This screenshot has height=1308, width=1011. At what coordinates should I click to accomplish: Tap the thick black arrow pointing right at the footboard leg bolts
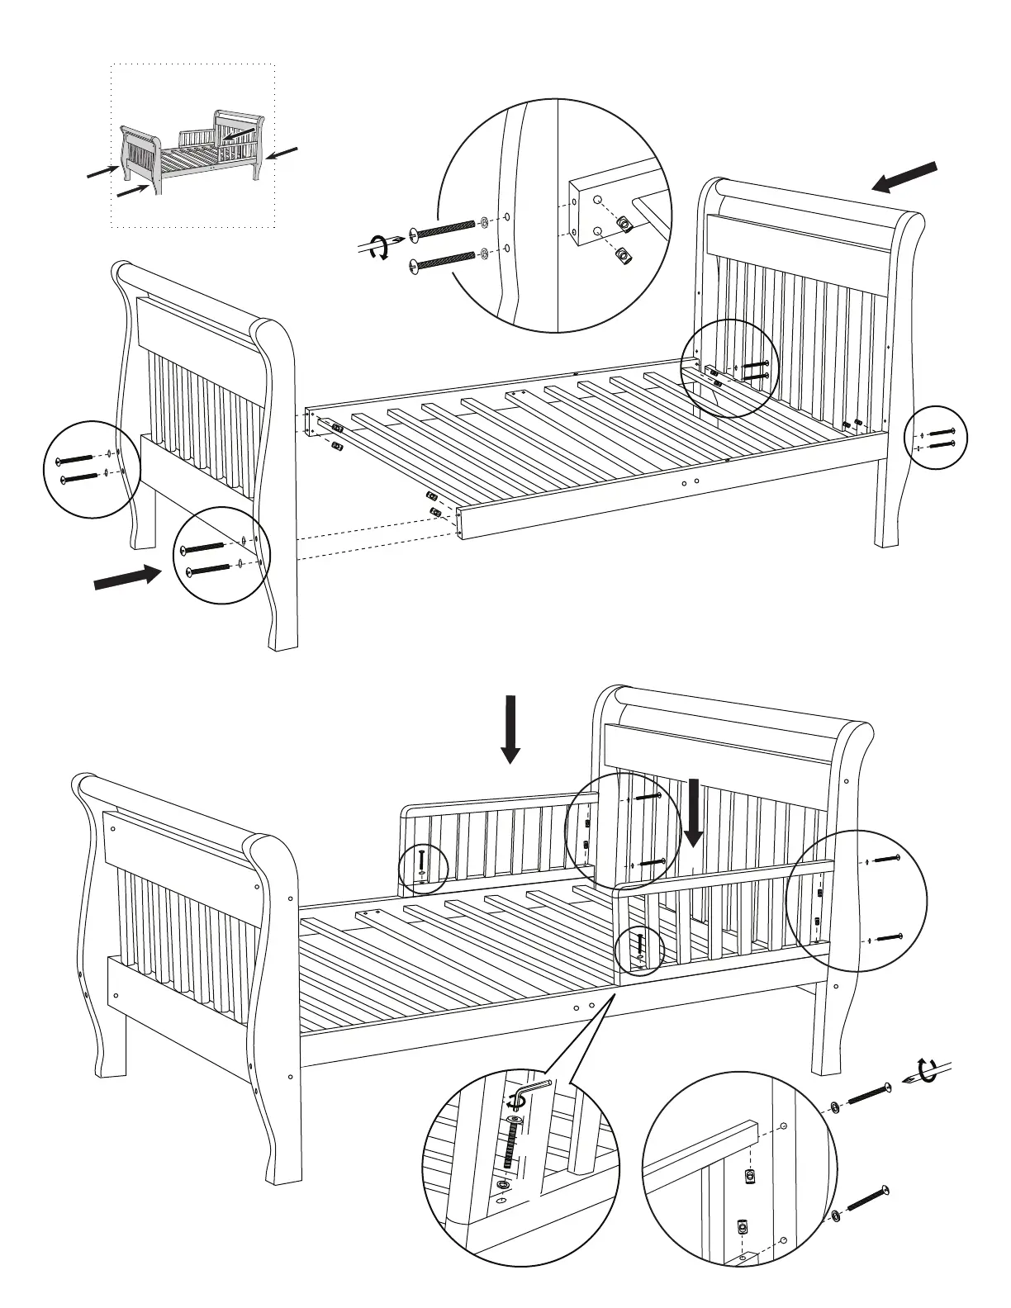pyautogui.click(x=128, y=577)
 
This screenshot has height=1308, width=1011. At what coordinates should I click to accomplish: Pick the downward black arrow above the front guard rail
pyautogui.click(x=694, y=813)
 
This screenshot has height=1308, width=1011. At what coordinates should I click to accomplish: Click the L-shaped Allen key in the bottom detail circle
pyautogui.click(x=531, y=1092)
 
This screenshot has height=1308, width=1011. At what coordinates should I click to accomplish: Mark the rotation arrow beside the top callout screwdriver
pyautogui.click(x=378, y=247)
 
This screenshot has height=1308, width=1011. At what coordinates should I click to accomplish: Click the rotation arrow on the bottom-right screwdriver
pyautogui.click(x=928, y=1072)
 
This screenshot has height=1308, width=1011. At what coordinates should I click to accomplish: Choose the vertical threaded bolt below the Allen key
pyautogui.click(x=512, y=1144)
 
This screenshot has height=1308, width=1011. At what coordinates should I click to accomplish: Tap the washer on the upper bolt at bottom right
pyautogui.click(x=834, y=1107)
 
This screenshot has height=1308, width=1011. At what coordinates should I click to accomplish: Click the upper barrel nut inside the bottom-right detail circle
pyautogui.click(x=749, y=1175)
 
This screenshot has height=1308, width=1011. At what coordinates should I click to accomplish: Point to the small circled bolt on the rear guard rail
pyautogui.click(x=422, y=862)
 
